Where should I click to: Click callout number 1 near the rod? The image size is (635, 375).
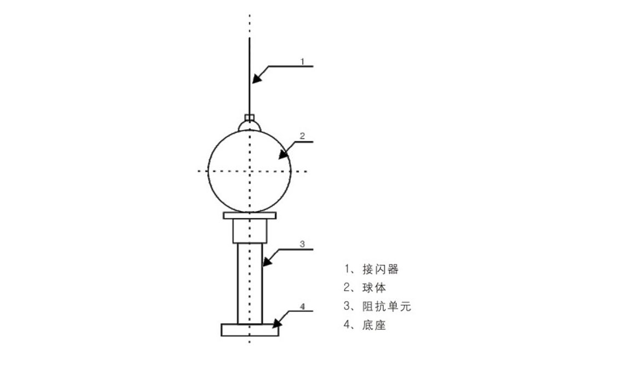coord(302,61)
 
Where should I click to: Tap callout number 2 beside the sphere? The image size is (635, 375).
coord(302,136)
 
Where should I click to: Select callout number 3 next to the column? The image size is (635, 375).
coord(302,244)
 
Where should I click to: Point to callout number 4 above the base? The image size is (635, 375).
coord(302,307)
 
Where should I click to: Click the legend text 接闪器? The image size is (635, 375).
coord(380,269)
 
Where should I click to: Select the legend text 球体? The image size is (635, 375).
coord(374,287)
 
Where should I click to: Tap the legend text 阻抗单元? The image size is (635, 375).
coord(387,306)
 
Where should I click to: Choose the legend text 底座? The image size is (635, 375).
coord(374,325)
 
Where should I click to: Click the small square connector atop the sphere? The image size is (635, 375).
coord(250,118)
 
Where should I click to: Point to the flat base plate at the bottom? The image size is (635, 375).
coord(250,330)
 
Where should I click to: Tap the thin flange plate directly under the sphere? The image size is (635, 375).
coord(250,216)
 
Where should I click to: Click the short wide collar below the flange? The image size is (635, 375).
coord(250,231)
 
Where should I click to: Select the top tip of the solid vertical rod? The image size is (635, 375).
coord(250,38)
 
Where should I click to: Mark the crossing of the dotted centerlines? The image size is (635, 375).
coord(250,171)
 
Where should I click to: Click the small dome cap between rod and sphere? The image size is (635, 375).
coord(250,125)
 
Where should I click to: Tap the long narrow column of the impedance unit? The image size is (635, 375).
coord(250,284)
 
